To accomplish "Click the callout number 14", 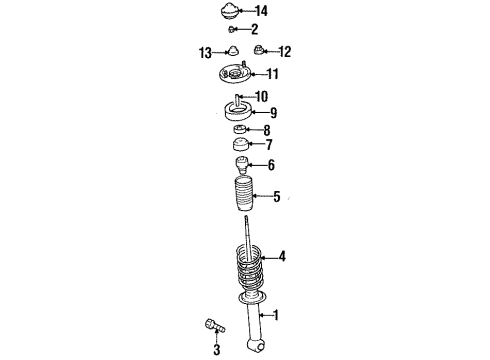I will click(x=262, y=11).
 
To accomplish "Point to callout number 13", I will click(x=205, y=52).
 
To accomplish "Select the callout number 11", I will click(x=273, y=74).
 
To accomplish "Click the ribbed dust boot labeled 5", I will click(x=240, y=196).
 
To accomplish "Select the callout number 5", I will click(x=277, y=196).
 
